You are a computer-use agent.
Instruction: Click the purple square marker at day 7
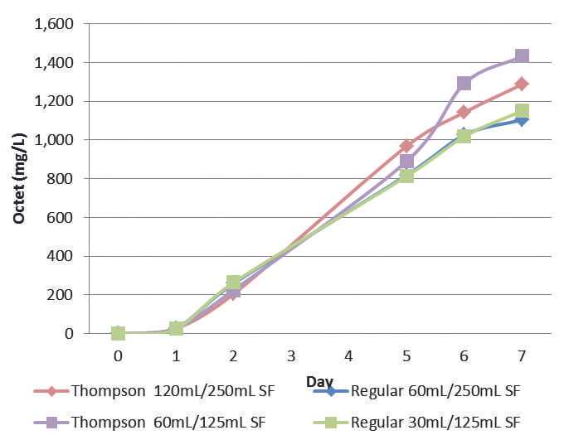(522, 56)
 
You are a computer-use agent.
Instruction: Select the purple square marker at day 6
(464, 83)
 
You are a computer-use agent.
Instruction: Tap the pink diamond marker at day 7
(522, 84)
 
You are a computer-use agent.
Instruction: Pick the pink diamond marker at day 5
(406, 145)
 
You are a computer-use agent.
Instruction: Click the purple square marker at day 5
(406, 162)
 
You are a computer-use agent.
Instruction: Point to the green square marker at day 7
(522, 111)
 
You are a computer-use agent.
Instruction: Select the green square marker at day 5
(406, 176)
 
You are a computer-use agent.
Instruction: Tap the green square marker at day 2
(234, 283)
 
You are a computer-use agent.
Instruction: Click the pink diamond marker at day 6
(464, 112)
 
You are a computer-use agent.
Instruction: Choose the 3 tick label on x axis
(291, 355)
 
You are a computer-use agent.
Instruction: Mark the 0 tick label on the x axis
(119, 355)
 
